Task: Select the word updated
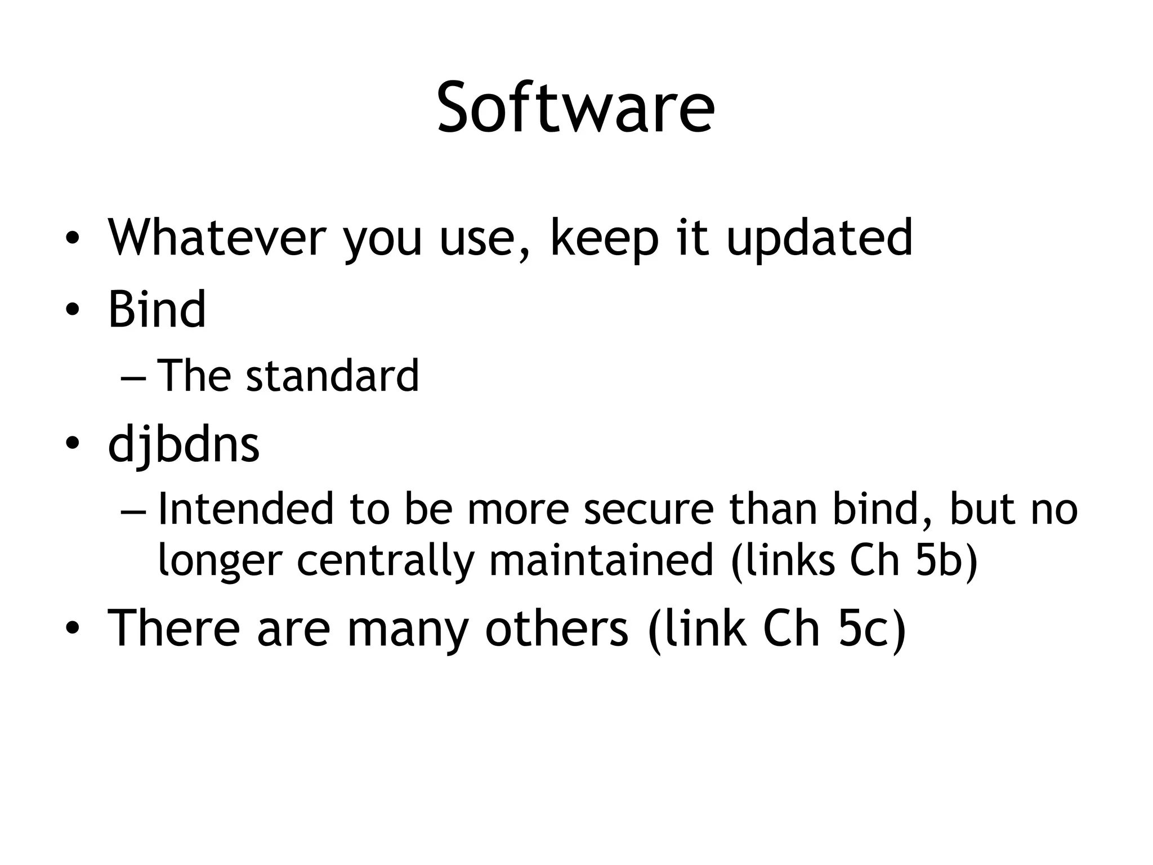tap(819, 239)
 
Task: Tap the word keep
tap(604, 239)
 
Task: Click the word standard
tap(332, 376)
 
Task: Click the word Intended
tap(246, 509)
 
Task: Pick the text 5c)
tap(872, 627)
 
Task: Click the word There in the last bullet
tap(173, 627)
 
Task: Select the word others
tap(556, 627)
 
